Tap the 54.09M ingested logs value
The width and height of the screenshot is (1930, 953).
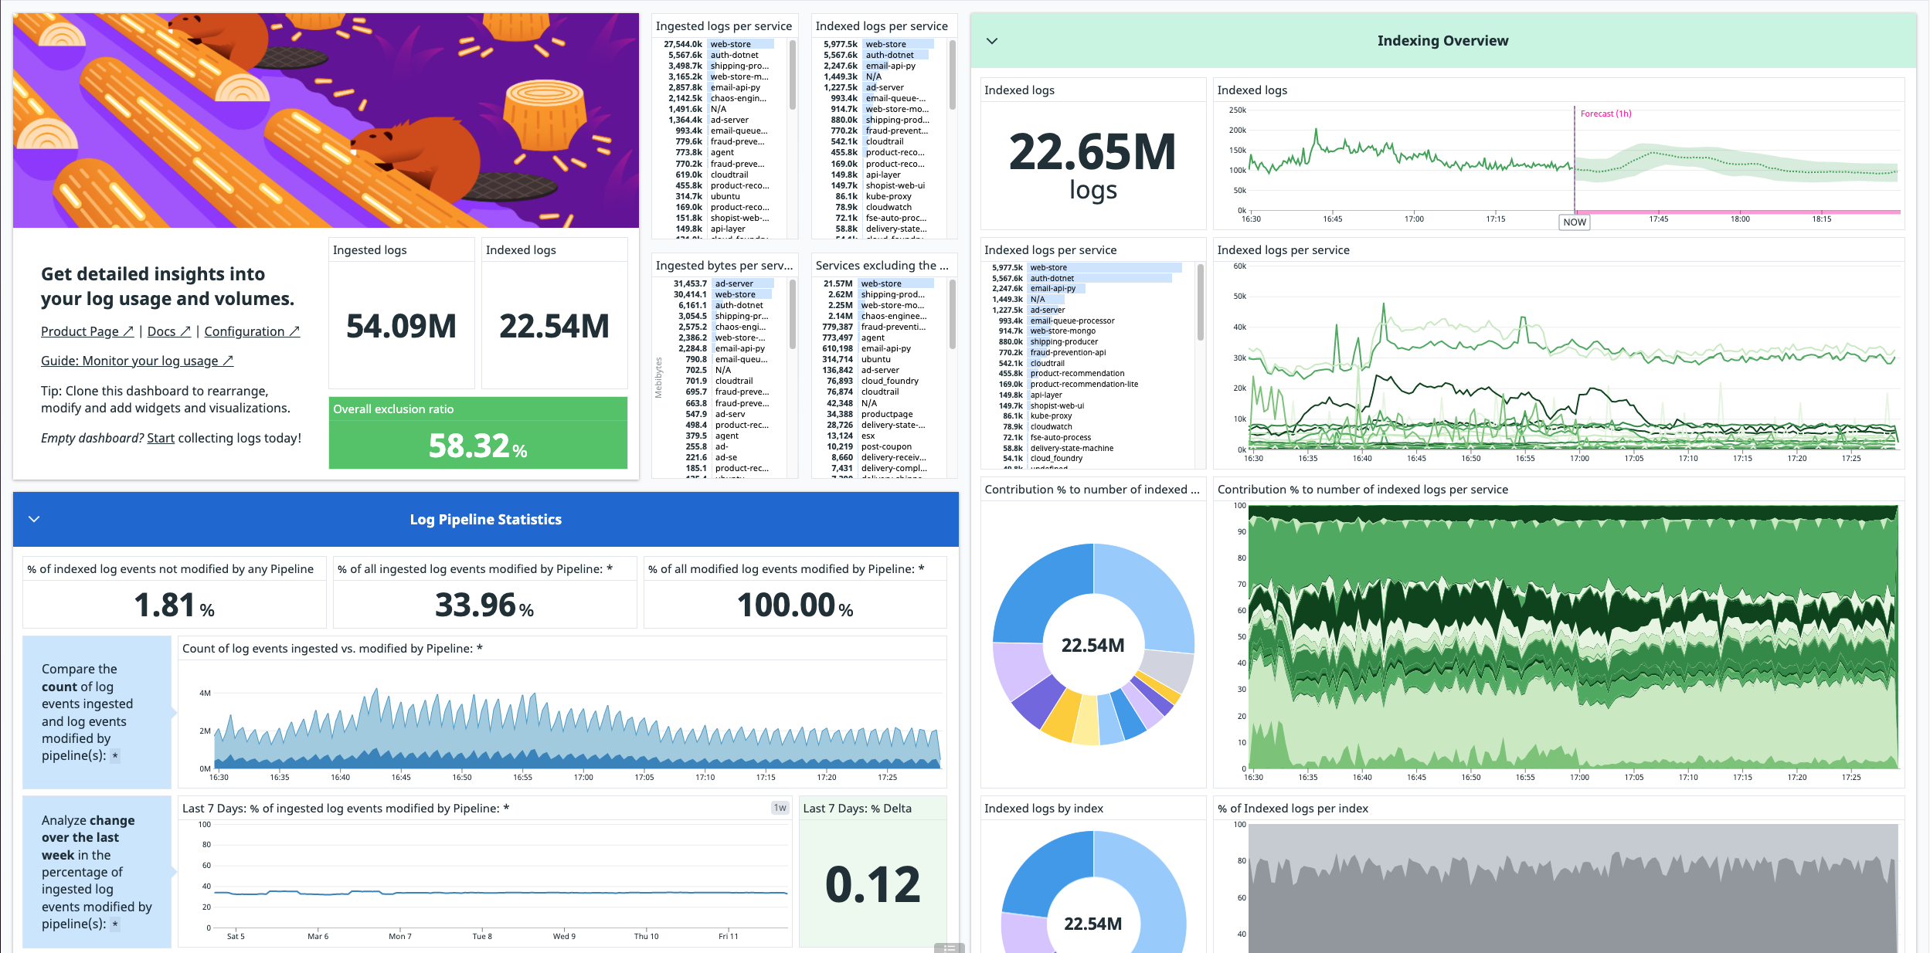401,326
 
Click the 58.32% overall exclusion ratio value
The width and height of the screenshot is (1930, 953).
477,446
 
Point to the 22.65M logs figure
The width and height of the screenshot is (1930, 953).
1092,153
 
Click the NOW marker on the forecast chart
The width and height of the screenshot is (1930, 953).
1574,222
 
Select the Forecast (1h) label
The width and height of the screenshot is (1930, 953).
1606,114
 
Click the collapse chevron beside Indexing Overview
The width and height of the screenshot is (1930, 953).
992,41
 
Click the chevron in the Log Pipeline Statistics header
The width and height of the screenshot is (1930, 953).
34,519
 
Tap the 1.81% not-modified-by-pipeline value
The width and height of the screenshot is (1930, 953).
174,605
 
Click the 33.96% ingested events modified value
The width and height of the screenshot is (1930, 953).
484,605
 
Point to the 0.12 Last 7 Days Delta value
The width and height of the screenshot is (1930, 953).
872,884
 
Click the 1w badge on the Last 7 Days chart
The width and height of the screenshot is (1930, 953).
780,808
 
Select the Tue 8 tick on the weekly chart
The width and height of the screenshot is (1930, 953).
482,936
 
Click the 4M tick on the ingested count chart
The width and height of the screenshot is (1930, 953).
205,693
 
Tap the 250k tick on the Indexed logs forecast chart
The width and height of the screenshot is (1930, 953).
1237,110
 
